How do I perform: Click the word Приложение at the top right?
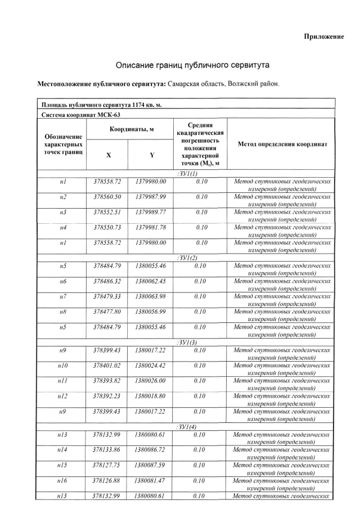click(x=323, y=37)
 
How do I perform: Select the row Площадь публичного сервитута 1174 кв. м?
click(x=102, y=105)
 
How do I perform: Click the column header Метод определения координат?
click(x=282, y=144)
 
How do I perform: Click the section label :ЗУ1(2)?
click(x=186, y=258)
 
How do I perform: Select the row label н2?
click(x=63, y=197)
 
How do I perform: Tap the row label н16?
click(x=63, y=481)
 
